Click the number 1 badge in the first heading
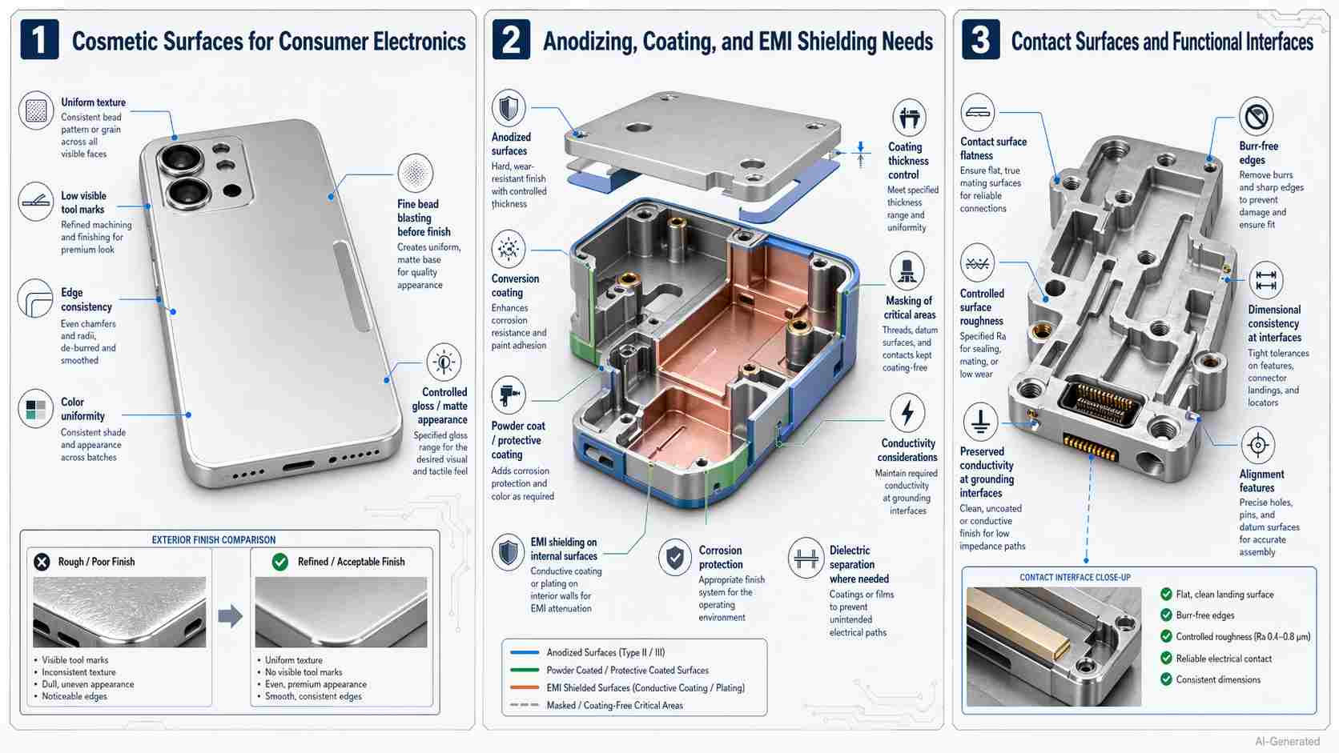click(x=38, y=40)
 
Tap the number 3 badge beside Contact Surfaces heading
click(x=980, y=40)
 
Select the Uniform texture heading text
click(x=93, y=102)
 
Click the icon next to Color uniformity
click(x=36, y=410)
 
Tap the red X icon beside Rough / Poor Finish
click(x=42, y=562)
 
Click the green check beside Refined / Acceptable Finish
click(x=280, y=562)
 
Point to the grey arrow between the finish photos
click(x=230, y=616)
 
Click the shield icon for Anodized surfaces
click(x=508, y=108)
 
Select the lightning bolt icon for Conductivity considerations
click(x=907, y=413)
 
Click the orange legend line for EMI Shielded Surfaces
click(x=525, y=687)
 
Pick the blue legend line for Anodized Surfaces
click(x=525, y=652)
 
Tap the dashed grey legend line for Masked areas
click(x=525, y=705)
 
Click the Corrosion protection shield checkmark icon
click(x=675, y=558)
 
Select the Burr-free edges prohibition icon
click(x=1256, y=117)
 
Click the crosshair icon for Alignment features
click(x=1257, y=445)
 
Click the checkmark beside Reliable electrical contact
click(x=1166, y=658)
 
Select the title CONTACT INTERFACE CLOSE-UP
click(x=1075, y=577)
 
